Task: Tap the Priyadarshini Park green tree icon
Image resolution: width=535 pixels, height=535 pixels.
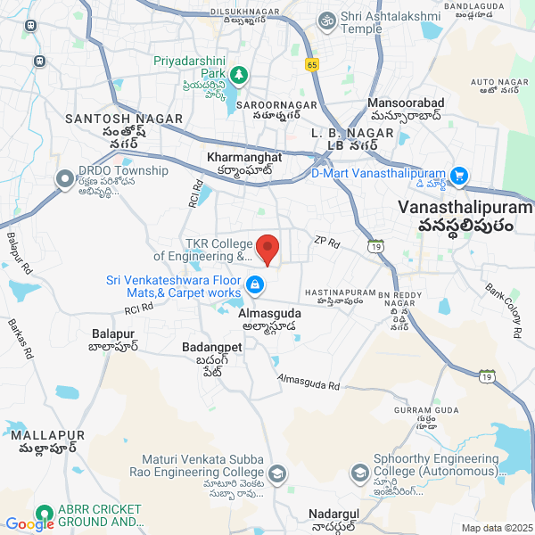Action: (238, 74)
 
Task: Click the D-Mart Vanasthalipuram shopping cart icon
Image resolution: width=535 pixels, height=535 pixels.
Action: (460, 175)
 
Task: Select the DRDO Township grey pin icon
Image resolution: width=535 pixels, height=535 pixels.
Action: (64, 179)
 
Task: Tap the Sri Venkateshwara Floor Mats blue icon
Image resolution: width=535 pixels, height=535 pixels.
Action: (255, 284)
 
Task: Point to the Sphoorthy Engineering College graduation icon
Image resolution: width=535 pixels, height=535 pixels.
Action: (360, 472)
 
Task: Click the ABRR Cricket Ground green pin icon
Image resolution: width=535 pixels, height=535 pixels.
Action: (43, 514)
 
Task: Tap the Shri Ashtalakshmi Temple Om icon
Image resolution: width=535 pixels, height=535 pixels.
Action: (326, 19)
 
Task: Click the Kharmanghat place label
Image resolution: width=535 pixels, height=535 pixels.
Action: (243, 157)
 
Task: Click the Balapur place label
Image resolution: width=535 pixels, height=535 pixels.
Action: (112, 333)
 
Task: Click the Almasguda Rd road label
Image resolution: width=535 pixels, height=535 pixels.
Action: (309, 381)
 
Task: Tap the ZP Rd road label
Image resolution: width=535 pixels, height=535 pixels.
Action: (327, 242)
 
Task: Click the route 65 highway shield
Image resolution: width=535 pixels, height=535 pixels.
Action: (311, 64)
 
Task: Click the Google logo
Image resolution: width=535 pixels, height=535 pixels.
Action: (29, 525)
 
